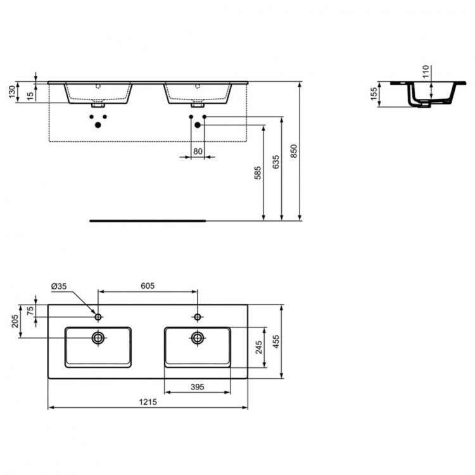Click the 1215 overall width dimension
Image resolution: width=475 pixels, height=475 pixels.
click(148, 402)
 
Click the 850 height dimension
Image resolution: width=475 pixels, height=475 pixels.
click(294, 151)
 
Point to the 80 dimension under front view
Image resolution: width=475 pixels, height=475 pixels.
click(198, 151)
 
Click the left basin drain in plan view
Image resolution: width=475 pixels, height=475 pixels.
click(98, 338)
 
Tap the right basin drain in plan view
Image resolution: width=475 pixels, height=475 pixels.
click(197, 338)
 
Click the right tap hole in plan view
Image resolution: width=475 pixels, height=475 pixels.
click(197, 316)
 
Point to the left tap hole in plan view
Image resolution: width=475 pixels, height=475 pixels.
click(98, 316)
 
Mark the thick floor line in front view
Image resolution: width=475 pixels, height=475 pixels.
click(148, 221)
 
